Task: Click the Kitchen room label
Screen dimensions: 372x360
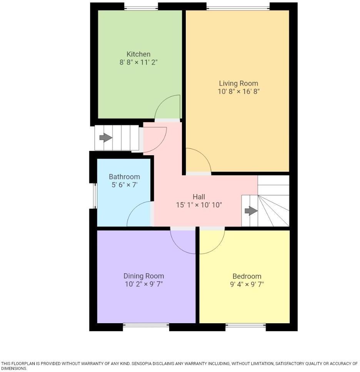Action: point(138,54)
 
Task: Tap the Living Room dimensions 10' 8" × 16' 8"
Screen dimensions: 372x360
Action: point(238,91)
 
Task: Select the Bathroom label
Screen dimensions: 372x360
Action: point(124,177)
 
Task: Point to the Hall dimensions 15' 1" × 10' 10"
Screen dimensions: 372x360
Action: point(199,205)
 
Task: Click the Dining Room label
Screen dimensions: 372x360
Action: point(143,276)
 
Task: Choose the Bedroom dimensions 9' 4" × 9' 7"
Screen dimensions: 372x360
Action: point(247,284)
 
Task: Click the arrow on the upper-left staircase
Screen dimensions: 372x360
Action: point(105,138)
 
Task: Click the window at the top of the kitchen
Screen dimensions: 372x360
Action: point(141,7)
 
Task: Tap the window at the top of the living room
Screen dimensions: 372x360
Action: point(238,7)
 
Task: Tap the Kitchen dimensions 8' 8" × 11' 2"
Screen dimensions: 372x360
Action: point(138,62)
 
